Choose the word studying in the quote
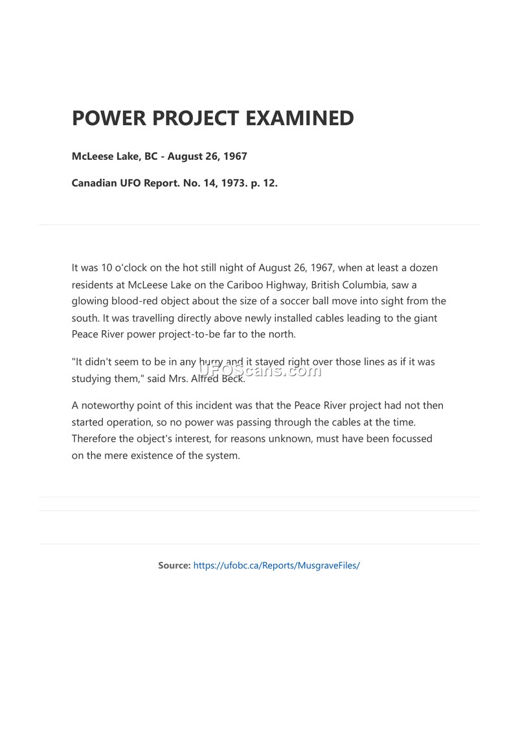click(x=91, y=379)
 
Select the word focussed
click(x=409, y=438)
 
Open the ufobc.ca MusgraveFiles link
click(x=276, y=565)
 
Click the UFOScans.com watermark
click(x=259, y=370)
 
